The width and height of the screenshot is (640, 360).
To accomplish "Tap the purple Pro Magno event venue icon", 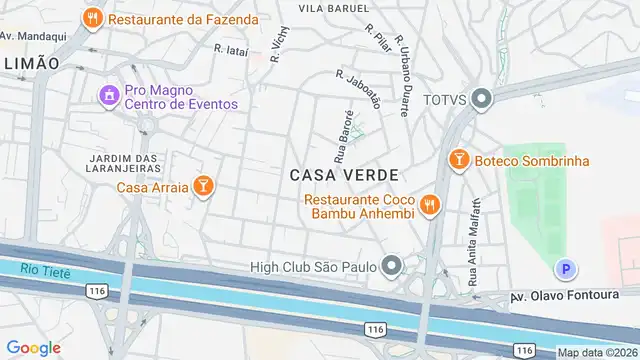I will click(107, 95).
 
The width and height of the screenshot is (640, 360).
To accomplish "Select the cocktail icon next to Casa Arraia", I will click(203, 186).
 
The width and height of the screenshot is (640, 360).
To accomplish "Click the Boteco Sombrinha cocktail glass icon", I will click(459, 160).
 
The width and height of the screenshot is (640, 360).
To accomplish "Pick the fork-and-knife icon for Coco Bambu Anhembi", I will click(431, 204).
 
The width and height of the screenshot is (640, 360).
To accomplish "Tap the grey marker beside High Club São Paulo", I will click(391, 266).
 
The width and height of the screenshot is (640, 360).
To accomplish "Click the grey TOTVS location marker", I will click(482, 99).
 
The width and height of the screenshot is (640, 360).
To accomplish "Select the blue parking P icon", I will click(566, 269).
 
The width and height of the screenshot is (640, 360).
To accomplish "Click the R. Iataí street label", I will click(231, 47).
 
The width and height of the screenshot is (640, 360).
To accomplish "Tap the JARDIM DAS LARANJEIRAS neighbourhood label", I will click(125, 164).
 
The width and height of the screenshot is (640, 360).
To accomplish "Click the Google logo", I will click(33, 347).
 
